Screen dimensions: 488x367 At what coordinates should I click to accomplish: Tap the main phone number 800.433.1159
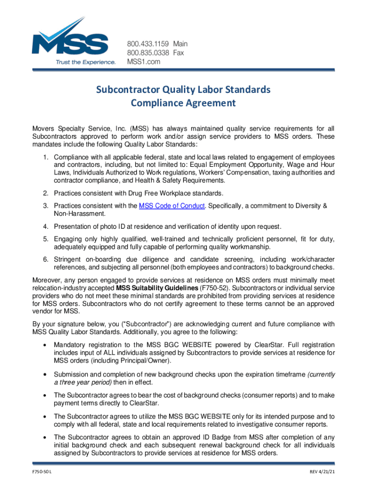pyautogui.click(x=146, y=44)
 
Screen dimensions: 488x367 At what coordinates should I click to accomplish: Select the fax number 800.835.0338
pyautogui.click(x=146, y=53)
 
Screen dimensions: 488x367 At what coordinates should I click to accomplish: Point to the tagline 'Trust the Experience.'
pyautogui.click(x=85, y=62)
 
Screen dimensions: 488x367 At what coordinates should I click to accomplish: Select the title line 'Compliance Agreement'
pyautogui.click(x=183, y=102)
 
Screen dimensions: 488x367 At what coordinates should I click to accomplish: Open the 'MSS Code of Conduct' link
pyautogui.click(x=172, y=206)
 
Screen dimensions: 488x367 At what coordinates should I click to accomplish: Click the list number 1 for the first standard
pyautogui.click(x=44, y=157)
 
